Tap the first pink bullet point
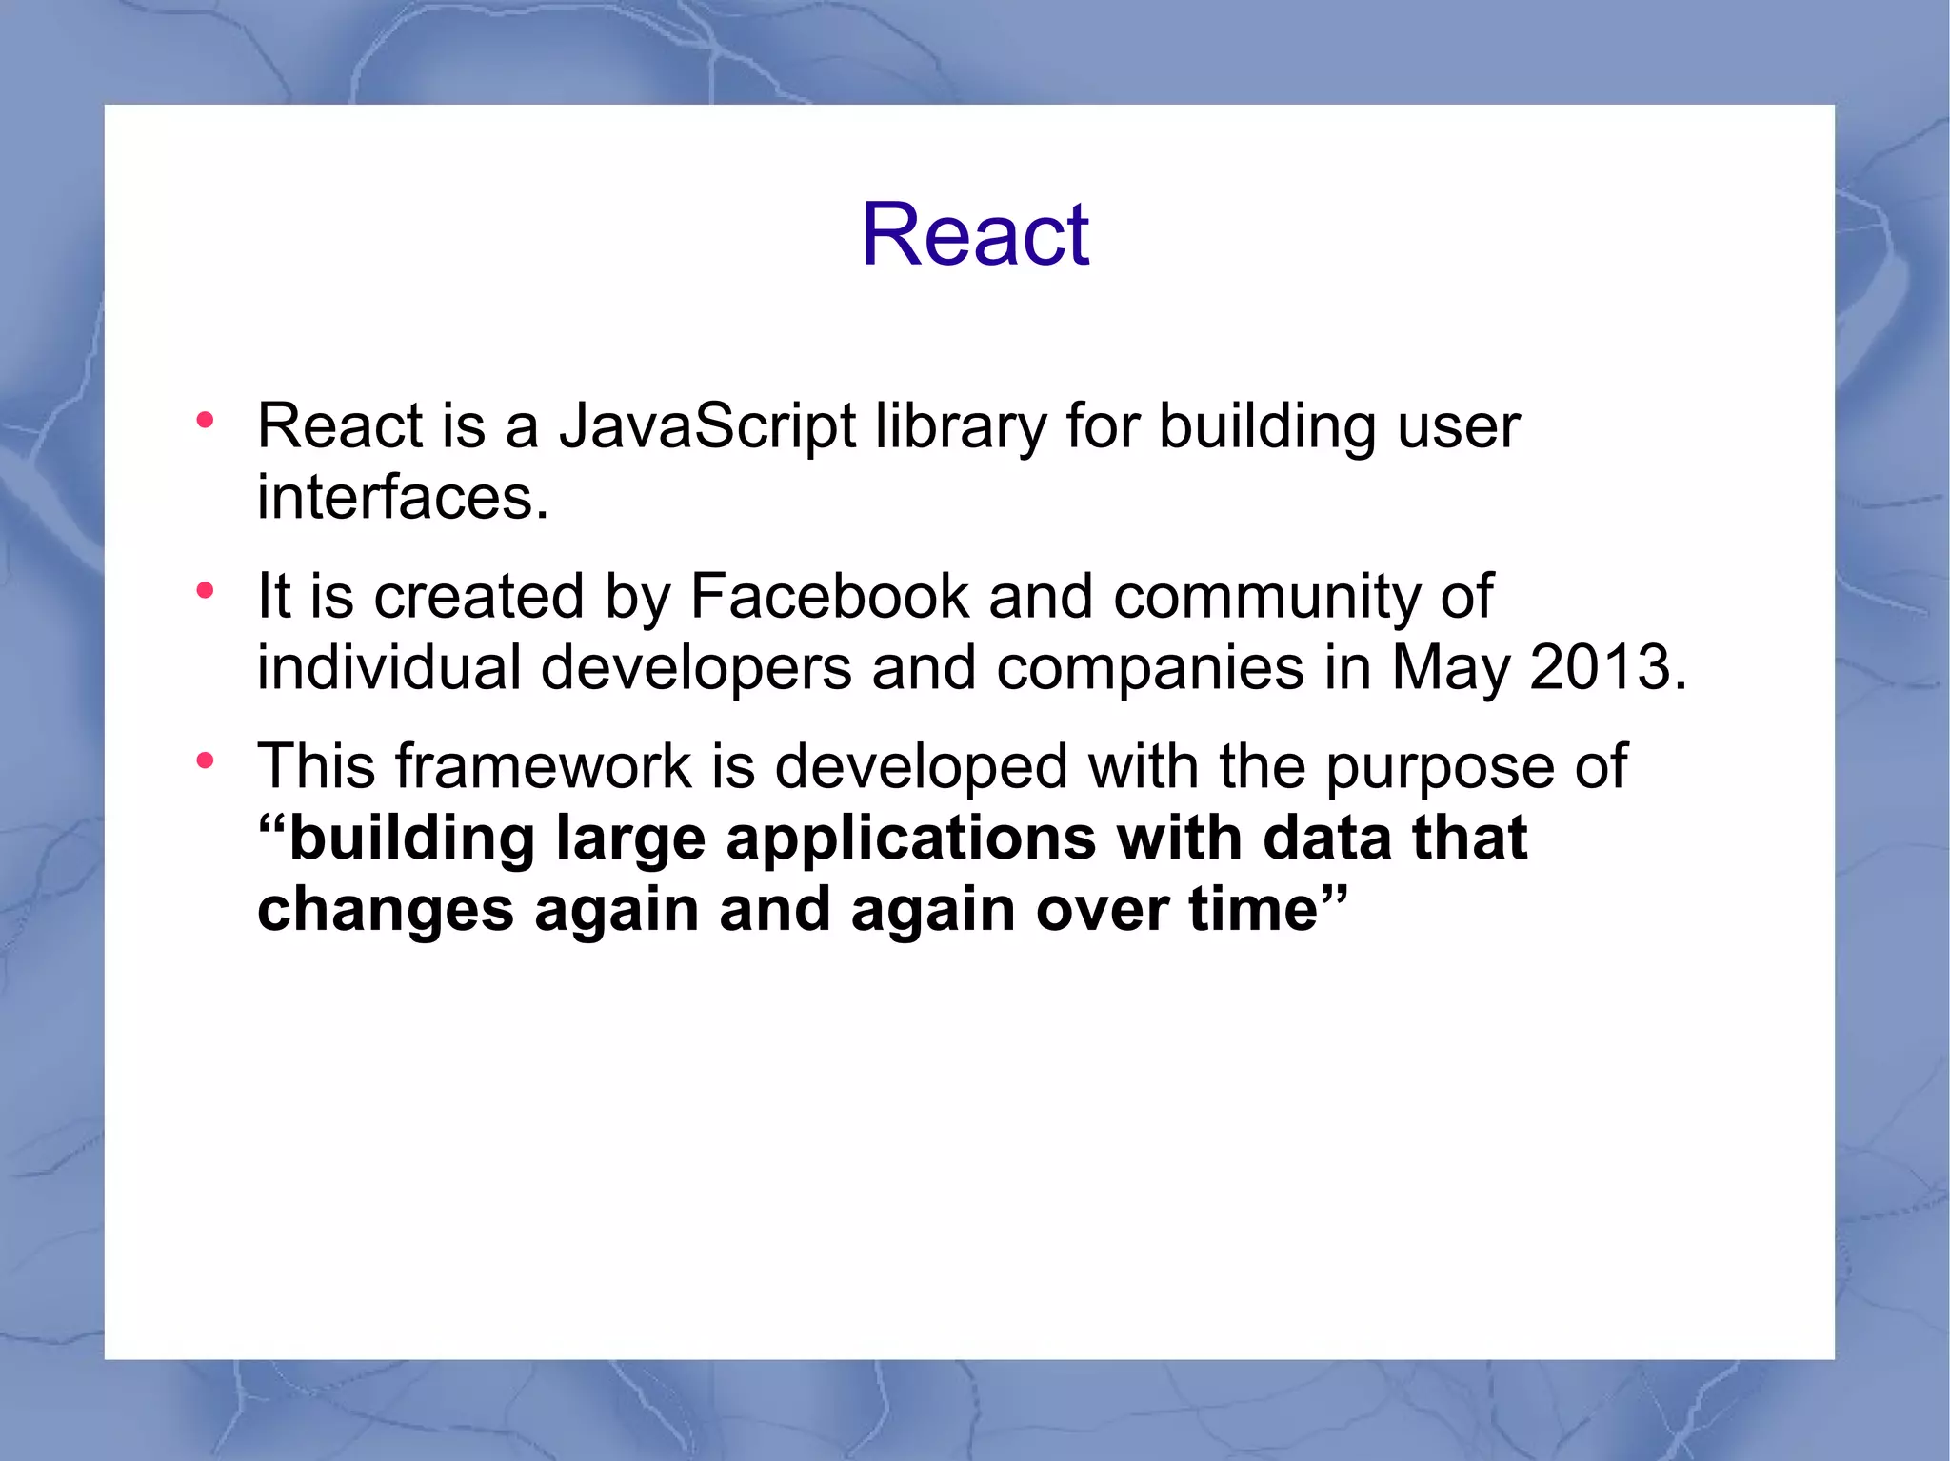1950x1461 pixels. point(205,421)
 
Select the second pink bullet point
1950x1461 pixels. point(205,591)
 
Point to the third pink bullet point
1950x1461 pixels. point(205,761)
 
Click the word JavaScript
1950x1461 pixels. point(706,426)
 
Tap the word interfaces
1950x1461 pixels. point(401,498)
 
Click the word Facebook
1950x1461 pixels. point(828,597)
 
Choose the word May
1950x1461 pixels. point(1450,669)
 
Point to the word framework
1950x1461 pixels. point(543,766)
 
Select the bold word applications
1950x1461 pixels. point(910,839)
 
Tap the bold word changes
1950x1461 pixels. point(386,911)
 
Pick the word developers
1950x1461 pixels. point(696,669)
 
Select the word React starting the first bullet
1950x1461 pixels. point(340,426)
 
